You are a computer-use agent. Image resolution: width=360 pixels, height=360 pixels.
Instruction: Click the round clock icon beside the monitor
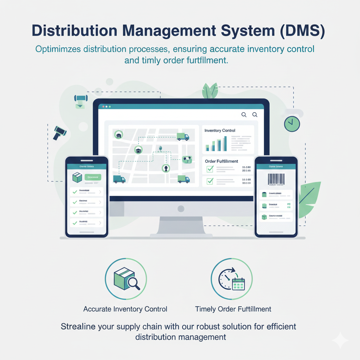click(x=292, y=124)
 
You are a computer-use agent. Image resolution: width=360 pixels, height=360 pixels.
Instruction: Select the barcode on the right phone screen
click(x=276, y=179)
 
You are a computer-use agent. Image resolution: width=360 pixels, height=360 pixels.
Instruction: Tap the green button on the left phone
click(x=93, y=177)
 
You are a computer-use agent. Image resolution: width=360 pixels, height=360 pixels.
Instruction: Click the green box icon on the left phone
click(x=77, y=178)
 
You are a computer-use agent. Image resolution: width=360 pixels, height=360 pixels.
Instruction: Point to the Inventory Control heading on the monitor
click(x=220, y=131)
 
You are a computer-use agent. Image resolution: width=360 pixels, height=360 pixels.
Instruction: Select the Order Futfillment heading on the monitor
click(x=221, y=161)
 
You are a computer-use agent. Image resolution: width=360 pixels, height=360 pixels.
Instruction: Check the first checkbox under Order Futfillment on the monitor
click(x=210, y=169)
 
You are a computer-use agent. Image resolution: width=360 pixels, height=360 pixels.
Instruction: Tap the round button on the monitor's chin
click(x=181, y=209)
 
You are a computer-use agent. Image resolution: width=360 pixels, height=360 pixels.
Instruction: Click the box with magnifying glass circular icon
click(x=126, y=279)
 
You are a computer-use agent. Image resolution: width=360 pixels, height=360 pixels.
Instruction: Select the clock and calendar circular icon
click(x=231, y=279)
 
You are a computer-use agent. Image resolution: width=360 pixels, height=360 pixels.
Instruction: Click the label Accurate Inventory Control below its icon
click(x=125, y=309)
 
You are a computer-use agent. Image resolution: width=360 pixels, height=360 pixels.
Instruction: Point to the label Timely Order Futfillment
click(x=233, y=309)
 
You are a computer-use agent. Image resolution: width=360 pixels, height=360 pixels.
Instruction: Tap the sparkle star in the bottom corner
click(x=340, y=340)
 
